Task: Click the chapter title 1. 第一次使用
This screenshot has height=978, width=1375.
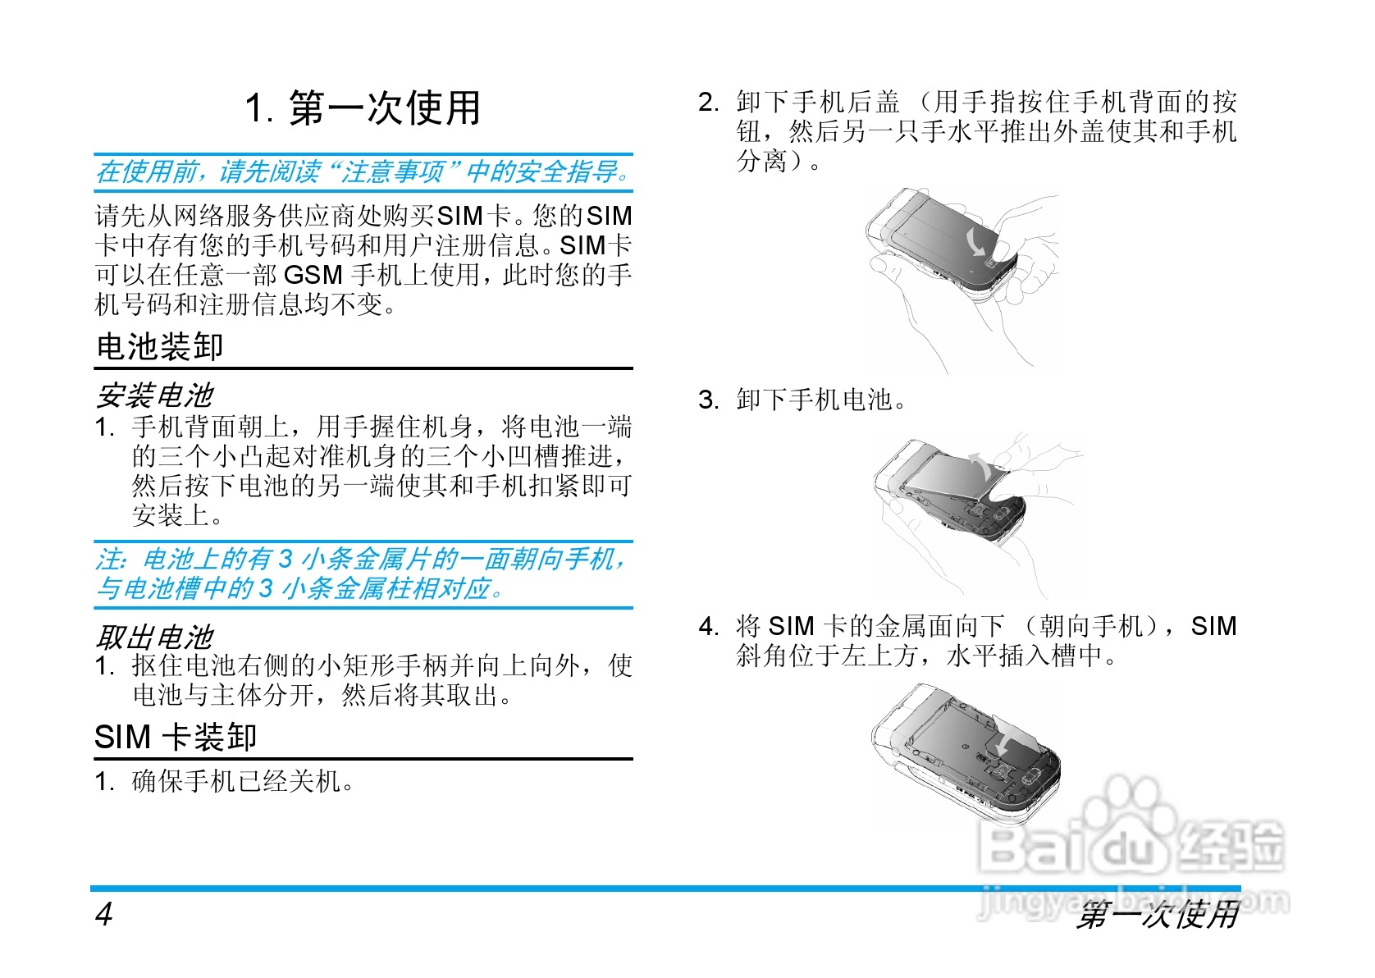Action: click(363, 109)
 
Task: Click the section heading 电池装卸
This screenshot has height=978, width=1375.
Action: click(159, 347)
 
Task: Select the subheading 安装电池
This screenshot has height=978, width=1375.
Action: click(154, 396)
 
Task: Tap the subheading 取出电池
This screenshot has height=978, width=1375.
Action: click(154, 637)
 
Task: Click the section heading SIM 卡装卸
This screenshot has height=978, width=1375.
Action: click(176, 737)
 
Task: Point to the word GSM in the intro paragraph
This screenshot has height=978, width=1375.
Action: click(313, 275)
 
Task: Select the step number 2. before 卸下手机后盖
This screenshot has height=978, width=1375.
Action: click(708, 103)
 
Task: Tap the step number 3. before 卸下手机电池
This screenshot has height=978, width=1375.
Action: click(708, 400)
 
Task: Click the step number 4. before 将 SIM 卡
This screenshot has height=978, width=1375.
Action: click(708, 628)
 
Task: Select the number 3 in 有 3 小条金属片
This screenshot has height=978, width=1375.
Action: click(285, 560)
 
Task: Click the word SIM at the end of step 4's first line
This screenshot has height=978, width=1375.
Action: click(1213, 627)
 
